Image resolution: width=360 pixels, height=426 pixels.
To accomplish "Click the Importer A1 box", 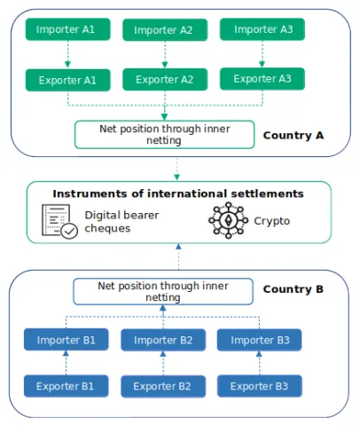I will click(67, 30).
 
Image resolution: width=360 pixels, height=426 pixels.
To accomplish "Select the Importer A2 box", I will click(164, 30).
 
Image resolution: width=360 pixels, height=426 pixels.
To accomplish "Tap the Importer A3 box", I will click(261, 28).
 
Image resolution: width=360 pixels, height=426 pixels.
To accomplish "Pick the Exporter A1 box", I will click(67, 80).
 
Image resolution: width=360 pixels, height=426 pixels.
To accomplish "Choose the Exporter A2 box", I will click(164, 80).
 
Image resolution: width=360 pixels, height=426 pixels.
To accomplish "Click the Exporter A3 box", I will click(261, 78).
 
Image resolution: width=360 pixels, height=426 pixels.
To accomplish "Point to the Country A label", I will click(293, 136).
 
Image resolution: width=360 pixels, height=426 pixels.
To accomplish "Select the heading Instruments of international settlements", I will click(178, 193).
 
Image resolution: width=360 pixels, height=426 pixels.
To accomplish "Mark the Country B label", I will click(293, 289).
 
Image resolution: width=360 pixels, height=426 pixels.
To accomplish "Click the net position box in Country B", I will click(163, 292).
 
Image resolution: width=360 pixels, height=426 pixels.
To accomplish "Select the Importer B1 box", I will click(67, 339).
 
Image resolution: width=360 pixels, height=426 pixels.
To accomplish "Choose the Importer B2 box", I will click(163, 339).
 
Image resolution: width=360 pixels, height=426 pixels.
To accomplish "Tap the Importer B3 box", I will click(260, 339).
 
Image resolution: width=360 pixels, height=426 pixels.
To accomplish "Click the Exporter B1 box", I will click(67, 386).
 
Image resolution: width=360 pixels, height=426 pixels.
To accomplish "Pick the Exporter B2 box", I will click(163, 386).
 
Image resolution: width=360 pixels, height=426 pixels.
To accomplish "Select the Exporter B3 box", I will click(260, 386).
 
